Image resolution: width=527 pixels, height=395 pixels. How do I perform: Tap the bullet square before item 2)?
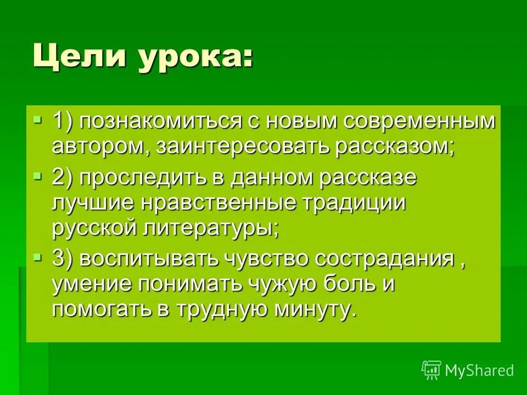37,176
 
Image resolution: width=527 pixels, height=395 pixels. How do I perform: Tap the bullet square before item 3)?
37,255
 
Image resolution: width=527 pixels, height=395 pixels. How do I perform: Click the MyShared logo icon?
431,370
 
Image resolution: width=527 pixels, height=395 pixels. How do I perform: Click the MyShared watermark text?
479,371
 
